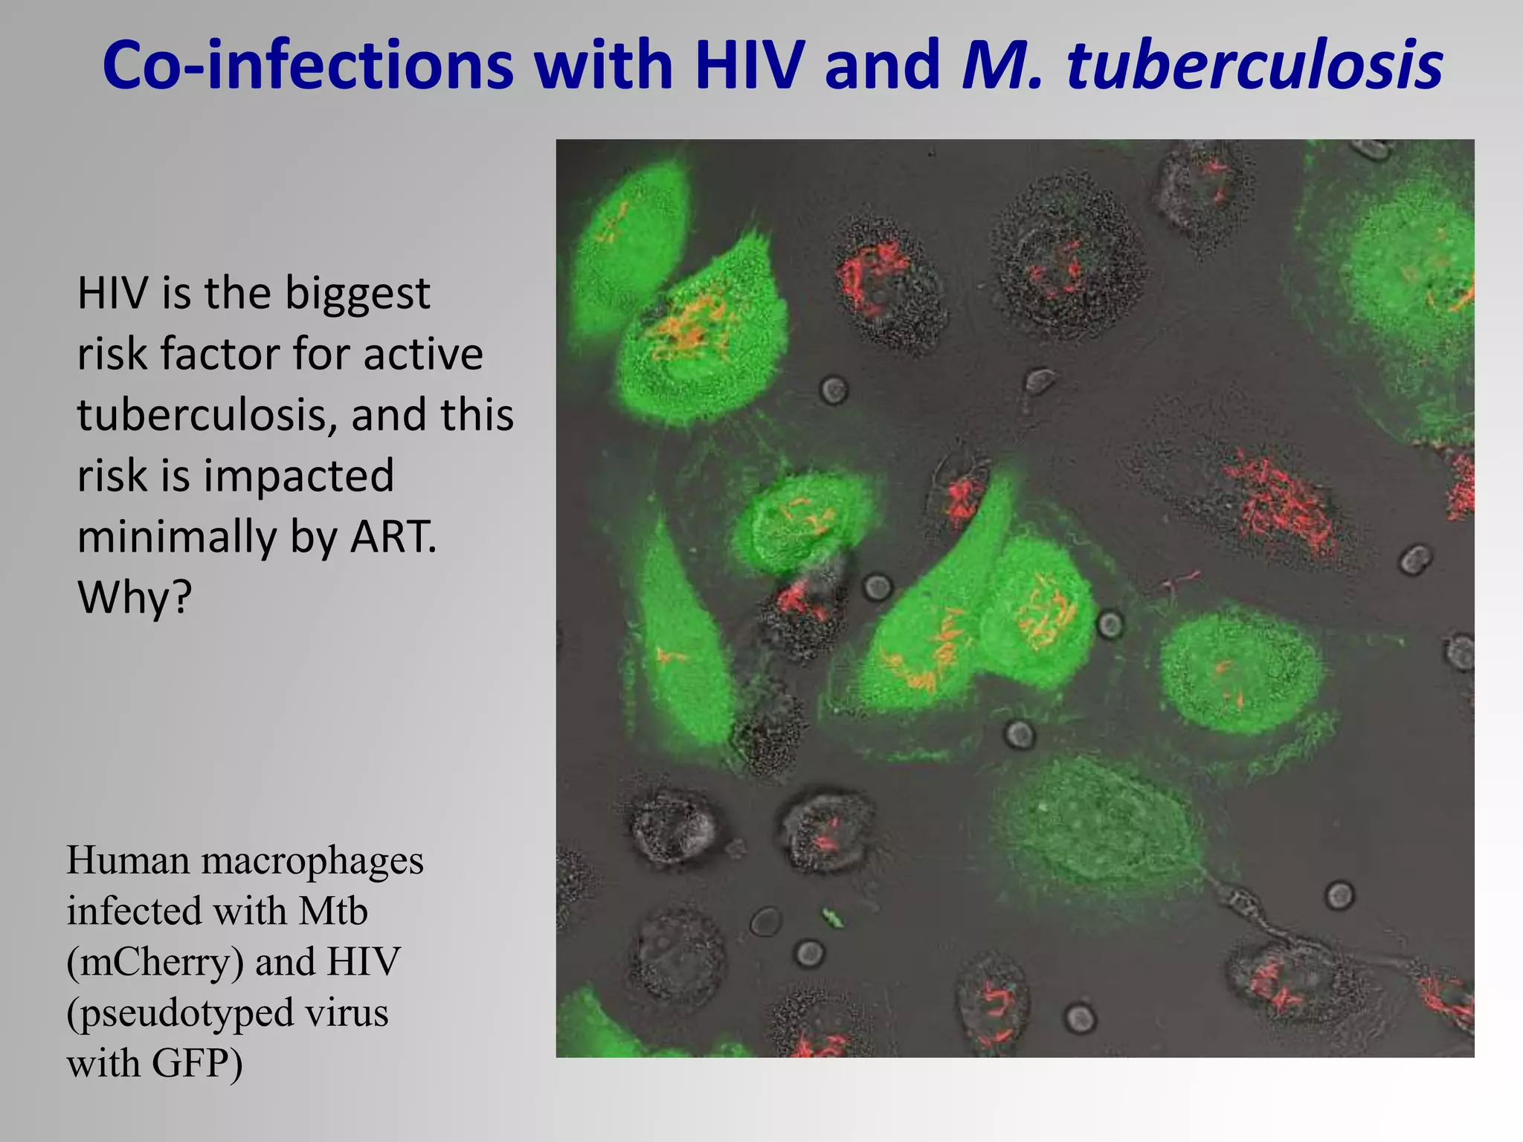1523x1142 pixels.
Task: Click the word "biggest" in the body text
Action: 358,294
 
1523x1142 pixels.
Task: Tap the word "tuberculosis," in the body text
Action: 207,415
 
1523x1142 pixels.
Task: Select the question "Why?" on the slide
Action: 135,597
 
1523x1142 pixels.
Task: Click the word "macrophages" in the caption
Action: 312,862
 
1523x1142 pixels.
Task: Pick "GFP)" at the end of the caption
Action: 197,1063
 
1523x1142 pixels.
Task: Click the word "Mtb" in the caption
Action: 333,912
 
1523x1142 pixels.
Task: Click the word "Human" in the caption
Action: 128,862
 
